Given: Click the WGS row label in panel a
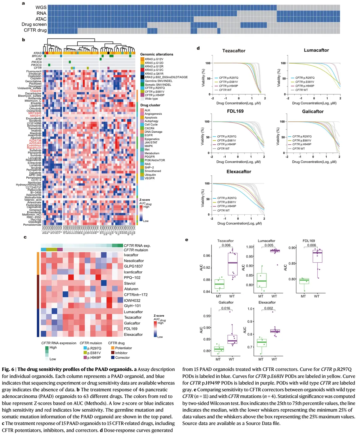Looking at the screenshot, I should click(x=41, y=8).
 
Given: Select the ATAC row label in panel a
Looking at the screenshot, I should click(x=41, y=19).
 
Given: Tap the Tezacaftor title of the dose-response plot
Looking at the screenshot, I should click(x=234, y=51).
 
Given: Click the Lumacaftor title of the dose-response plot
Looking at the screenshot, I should click(x=316, y=50).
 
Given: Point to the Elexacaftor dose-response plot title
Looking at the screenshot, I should click(x=239, y=172).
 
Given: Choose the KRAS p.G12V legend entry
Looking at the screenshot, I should click(x=154, y=59).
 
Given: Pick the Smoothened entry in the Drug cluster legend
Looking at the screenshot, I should click(x=153, y=171).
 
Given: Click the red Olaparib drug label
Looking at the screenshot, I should click(x=36, y=91).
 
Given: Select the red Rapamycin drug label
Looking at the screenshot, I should click(x=34, y=148).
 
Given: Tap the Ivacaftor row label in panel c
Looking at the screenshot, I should click(x=131, y=255).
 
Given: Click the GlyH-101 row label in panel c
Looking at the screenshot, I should click(x=132, y=306).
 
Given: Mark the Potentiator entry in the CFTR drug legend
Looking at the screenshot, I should click(x=123, y=348).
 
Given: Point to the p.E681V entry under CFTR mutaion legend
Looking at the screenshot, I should click(x=94, y=353).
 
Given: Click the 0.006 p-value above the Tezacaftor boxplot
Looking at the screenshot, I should click(x=226, y=245).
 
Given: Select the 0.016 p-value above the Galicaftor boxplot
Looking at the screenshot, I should click(x=226, y=308).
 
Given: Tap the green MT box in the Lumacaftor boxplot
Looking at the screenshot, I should click(x=262, y=281).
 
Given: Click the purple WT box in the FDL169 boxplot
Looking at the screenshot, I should click(x=317, y=256).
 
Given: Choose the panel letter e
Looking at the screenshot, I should click(x=187, y=240).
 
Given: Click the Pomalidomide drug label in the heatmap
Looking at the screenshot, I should click(x=32, y=225).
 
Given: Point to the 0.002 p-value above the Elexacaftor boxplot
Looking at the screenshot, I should click(x=268, y=308).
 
